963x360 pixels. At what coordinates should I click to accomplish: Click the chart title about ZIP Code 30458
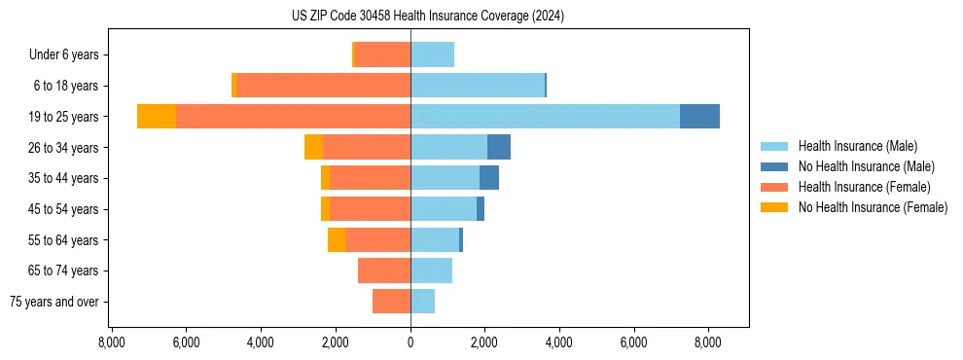[427, 17]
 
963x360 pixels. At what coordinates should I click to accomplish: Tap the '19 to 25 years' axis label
[64, 117]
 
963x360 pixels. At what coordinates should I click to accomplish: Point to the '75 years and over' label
[54, 302]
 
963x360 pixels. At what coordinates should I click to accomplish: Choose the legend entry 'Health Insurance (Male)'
[857, 146]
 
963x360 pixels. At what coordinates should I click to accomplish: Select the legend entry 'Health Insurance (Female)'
[864, 187]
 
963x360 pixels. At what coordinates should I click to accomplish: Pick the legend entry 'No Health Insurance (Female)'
[873, 207]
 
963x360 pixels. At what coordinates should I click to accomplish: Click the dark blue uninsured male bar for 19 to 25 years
[699, 117]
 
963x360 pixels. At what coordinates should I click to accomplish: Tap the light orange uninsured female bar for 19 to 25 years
[157, 117]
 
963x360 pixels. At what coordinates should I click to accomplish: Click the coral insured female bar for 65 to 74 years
[384, 270]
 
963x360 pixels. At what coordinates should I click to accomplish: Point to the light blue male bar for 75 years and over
[422, 302]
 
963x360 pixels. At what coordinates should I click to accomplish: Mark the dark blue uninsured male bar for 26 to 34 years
[499, 147]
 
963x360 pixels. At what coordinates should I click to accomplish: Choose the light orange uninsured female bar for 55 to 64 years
[337, 240]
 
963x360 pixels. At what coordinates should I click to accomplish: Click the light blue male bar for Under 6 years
[432, 55]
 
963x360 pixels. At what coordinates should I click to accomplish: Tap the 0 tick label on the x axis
[410, 342]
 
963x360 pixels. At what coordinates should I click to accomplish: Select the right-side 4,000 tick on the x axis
[559, 342]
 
